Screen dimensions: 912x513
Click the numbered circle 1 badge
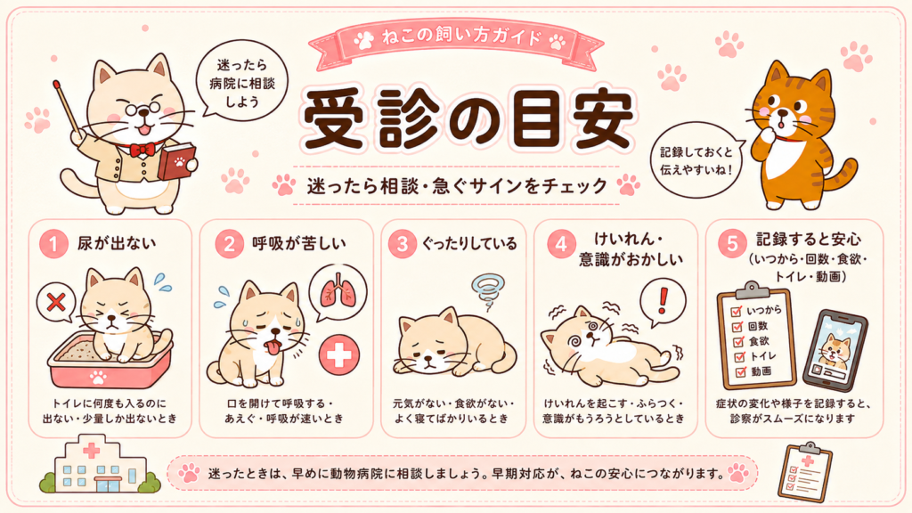[53, 244]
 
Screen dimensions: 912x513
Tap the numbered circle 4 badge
[561, 244]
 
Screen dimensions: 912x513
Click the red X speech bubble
[56, 303]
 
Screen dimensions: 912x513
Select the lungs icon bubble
[338, 292]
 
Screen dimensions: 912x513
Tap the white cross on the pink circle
[339, 354]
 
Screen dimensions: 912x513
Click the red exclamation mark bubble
[663, 301]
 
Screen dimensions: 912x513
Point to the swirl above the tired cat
[488, 292]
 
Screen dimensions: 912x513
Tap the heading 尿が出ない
[117, 243]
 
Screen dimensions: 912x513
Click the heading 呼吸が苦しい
[299, 243]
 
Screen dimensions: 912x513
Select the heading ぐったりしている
[469, 243]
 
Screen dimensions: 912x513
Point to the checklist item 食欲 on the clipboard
[759, 341]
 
